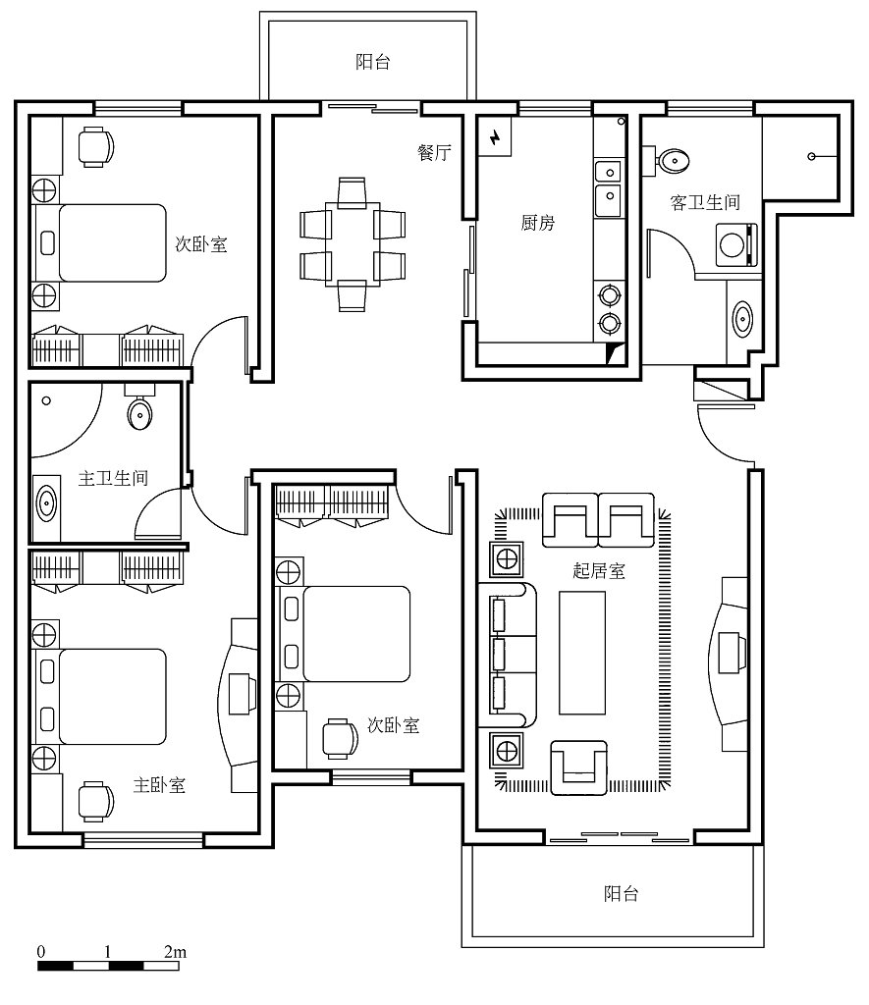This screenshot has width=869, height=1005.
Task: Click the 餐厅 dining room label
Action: pos(434,152)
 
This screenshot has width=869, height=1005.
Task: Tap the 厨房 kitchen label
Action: pos(537,223)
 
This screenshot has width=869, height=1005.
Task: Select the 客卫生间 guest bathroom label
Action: pos(705,202)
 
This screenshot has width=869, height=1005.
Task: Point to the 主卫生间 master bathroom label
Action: pos(113,478)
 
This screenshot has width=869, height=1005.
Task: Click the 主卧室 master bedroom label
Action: pos(159,784)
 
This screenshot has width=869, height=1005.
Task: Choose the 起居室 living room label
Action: pos(598,570)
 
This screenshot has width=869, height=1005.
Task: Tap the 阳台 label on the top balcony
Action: pos(372,62)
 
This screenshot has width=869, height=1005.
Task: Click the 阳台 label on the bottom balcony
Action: pos(621,893)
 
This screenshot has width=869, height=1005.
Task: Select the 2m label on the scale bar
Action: pos(175,952)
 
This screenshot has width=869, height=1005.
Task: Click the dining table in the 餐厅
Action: pos(353,244)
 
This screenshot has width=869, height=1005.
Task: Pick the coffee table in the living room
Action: pos(581,653)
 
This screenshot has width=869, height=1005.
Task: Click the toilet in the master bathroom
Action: pos(139,407)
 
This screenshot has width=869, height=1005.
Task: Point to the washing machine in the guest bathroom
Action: pos(736,244)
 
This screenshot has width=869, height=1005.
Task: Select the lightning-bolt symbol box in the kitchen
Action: pos(495,136)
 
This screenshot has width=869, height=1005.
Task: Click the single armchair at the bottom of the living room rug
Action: pos(579,767)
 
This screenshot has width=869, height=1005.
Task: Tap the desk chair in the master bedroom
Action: pos(95,801)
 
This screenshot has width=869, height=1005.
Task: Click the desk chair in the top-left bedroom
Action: pos(95,147)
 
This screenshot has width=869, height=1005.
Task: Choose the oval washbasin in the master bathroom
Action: pos(46,502)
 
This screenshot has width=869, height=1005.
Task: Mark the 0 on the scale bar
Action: pos(41,952)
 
